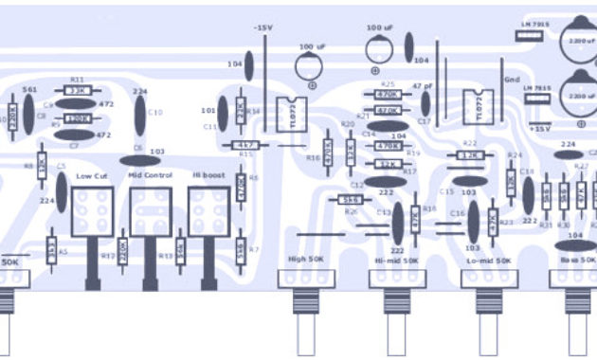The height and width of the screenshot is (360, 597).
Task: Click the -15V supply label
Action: tap(262, 28)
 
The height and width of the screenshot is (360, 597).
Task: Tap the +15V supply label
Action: tap(540, 127)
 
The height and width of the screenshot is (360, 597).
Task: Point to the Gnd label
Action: tap(513, 80)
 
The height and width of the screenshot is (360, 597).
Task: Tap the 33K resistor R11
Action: tap(77, 91)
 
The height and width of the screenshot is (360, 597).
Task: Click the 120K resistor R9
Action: tap(77, 119)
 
